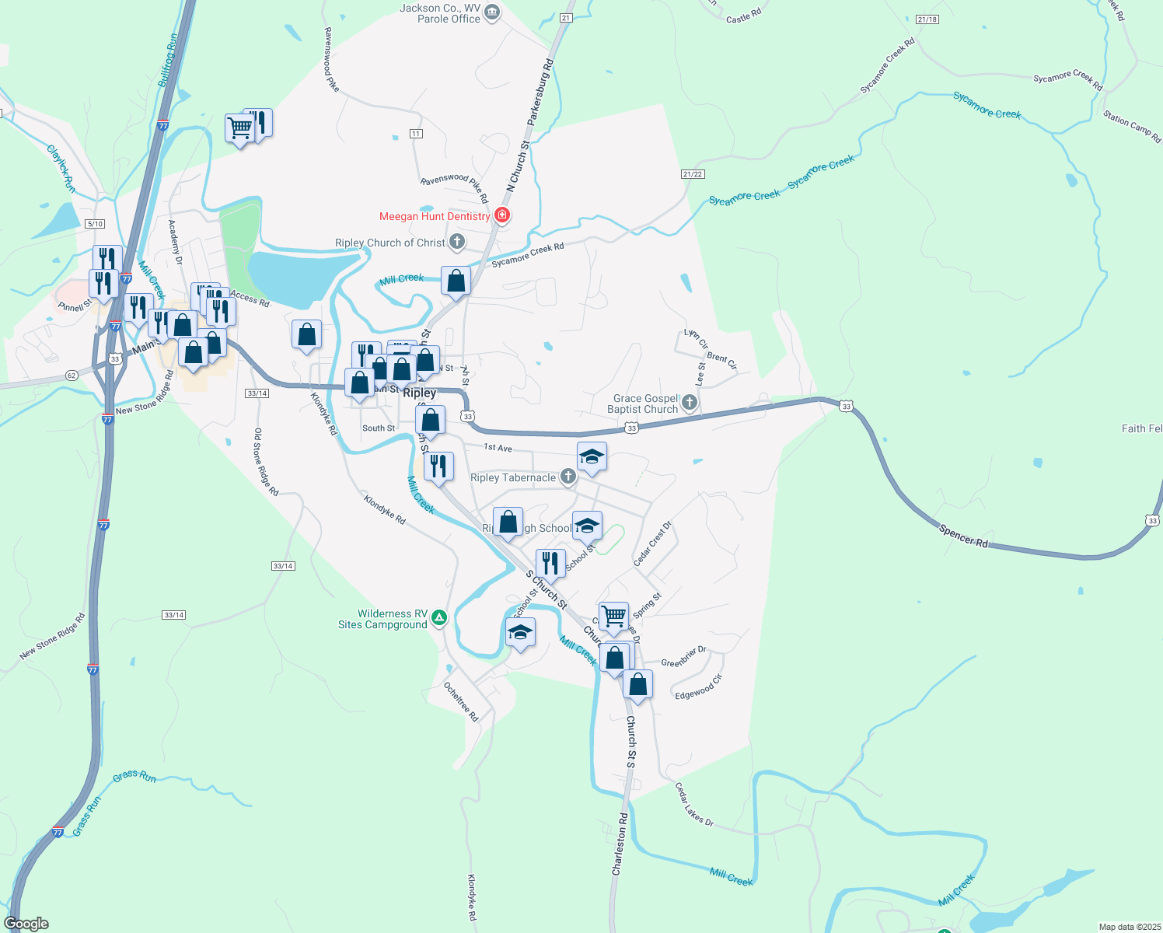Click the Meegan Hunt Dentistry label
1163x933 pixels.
(x=435, y=217)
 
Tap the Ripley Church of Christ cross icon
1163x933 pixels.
(x=457, y=242)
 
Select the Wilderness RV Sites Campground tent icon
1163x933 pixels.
(x=439, y=618)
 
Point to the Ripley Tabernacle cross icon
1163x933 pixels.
(x=568, y=477)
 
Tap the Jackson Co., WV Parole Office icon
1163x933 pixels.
(x=492, y=12)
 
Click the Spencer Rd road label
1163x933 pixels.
(x=963, y=536)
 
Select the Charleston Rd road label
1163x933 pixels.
(x=620, y=845)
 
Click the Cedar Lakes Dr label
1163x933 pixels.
(x=693, y=804)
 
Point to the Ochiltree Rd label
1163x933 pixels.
(x=461, y=702)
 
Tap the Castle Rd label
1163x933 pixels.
(x=743, y=16)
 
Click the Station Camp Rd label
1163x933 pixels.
(x=1131, y=127)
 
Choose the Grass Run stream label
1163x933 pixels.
(x=134, y=776)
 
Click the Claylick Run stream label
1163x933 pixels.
(x=61, y=168)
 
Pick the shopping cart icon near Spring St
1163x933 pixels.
(x=613, y=617)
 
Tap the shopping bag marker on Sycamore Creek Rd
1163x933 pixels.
(x=456, y=281)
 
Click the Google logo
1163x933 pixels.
(x=26, y=924)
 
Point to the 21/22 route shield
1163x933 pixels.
(x=692, y=174)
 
